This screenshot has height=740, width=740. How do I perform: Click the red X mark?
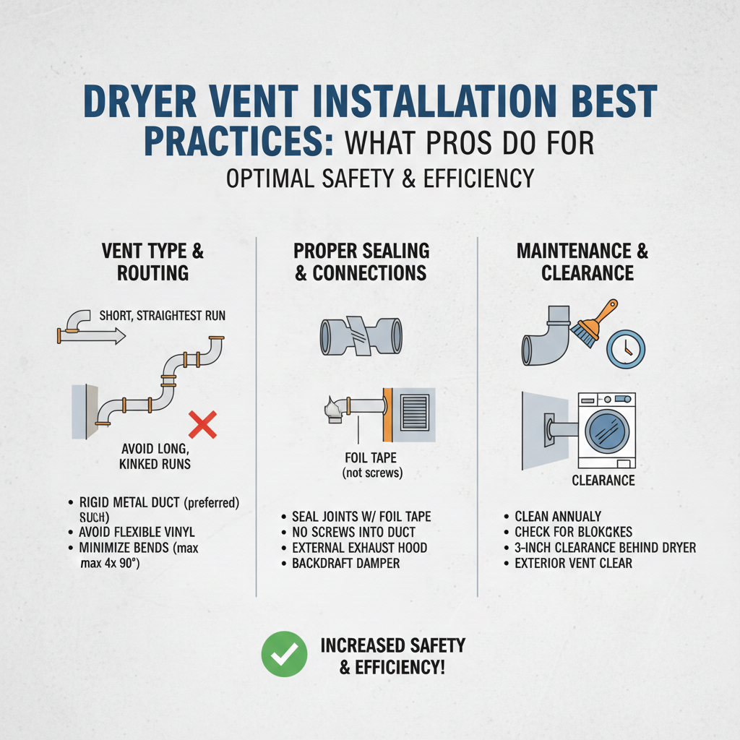(203, 423)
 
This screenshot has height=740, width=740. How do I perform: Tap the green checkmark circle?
(284, 654)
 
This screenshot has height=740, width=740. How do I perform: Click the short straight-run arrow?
(92, 335)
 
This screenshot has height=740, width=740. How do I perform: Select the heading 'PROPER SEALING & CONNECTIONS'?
(361, 262)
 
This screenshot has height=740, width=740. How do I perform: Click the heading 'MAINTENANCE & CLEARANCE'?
(582, 262)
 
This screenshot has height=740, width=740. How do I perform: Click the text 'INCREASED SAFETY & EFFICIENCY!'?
(392, 656)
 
